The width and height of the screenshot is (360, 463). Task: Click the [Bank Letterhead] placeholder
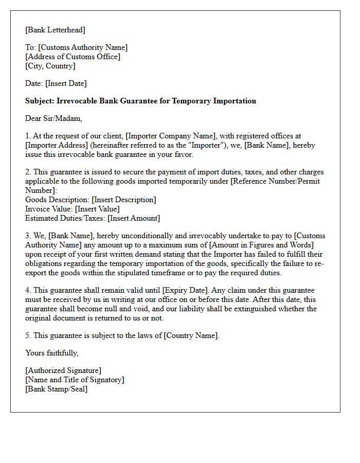pos(56,30)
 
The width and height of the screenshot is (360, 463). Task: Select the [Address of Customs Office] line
pos(73,57)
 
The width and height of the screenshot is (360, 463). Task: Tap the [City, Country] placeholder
pos(50,66)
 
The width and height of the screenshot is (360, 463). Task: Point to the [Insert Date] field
pos(66,83)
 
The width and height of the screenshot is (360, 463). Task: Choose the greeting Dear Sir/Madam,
pos(53,118)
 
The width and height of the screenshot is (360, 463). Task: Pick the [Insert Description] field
pos(123,200)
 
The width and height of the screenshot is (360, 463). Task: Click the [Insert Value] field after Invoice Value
pos(97,209)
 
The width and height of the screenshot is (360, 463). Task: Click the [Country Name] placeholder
pos(191,335)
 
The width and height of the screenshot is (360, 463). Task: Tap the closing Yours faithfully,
pos(52,353)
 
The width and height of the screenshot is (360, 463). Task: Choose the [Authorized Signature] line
pos(63,370)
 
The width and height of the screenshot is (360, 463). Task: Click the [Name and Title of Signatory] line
pos(75,380)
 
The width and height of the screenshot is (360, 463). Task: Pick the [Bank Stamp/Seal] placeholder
pos(56,389)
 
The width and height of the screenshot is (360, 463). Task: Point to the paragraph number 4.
pos(27,290)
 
